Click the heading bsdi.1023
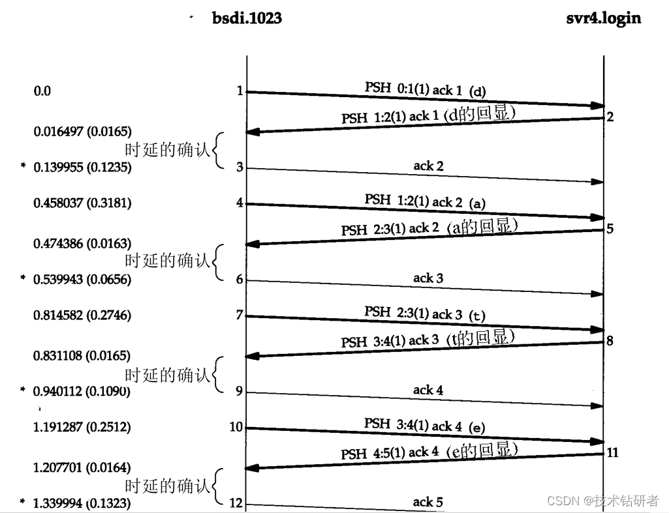(x=247, y=18)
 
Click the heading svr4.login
(x=603, y=18)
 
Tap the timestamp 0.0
(x=42, y=91)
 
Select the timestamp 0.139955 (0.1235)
(x=82, y=168)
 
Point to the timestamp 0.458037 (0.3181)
(x=82, y=203)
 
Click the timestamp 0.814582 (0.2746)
(x=82, y=315)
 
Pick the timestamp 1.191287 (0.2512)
(x=82, y=428)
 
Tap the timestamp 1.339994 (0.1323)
(x=82, y=504)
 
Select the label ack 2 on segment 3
(x=428, y=166)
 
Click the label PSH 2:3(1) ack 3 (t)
(x=425, y=314)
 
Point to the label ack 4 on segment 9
(x=428, y=390)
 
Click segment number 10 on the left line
(x=236, y=427)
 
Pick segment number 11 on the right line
(x=612, y=452)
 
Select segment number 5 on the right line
(x=610, y=229)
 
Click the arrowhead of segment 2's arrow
(x=252, y=132)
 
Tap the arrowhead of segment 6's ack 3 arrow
(x=597, y=294)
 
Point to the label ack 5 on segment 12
(x=428, y=502)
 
